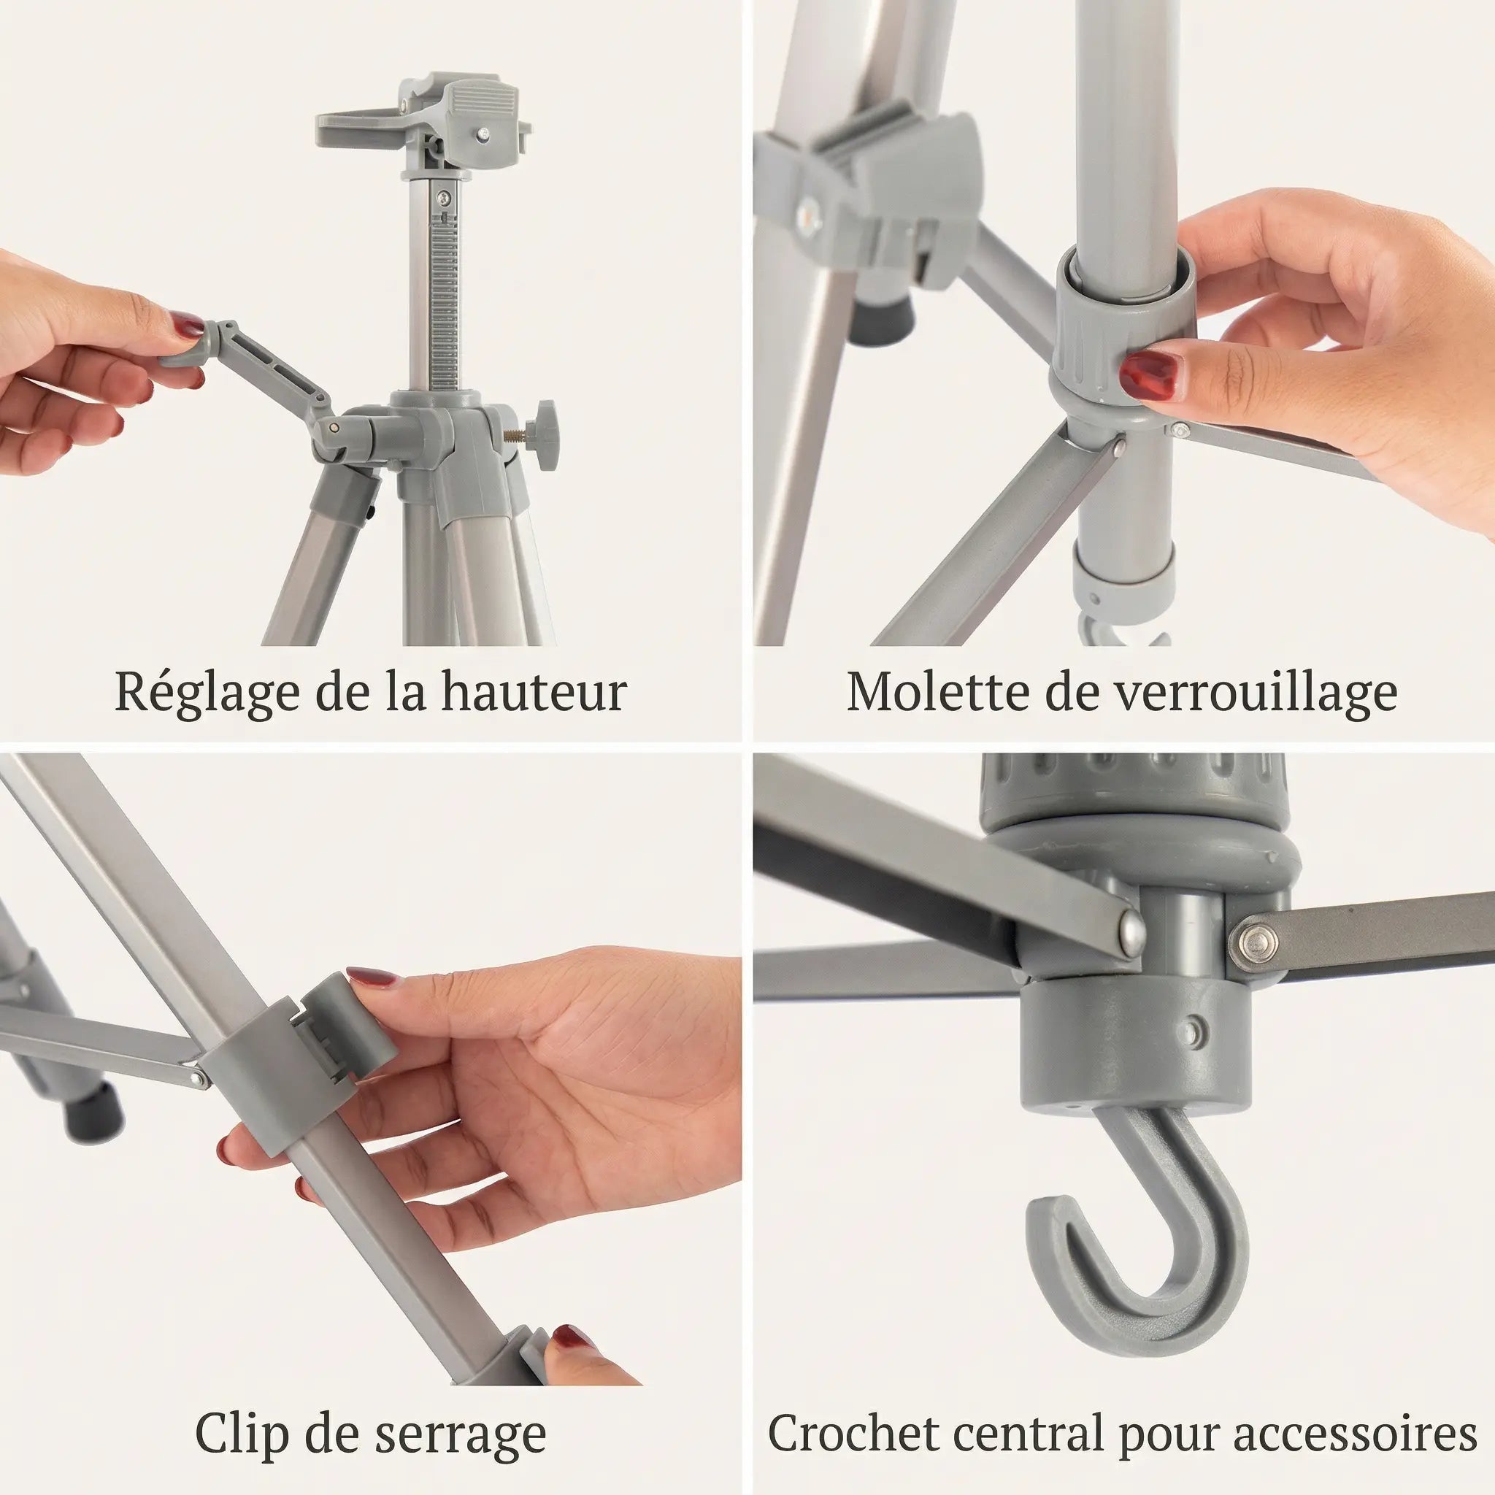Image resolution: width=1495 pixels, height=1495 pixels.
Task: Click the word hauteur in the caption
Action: point(534,691)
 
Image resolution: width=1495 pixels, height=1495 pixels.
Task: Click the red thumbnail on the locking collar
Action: point(1150,374)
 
